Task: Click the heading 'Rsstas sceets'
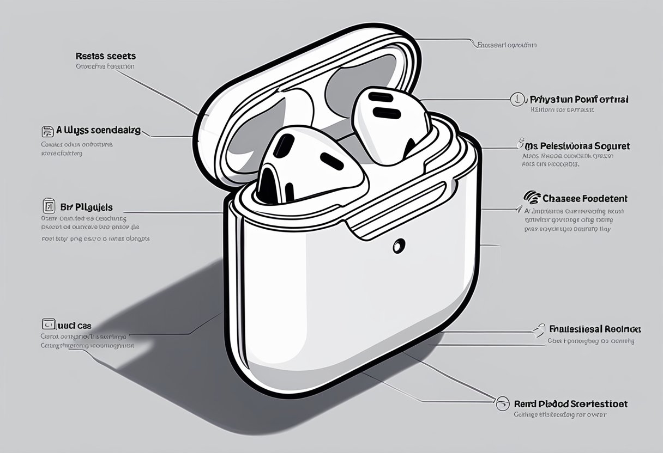pos(105,56)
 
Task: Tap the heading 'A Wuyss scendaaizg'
pos(98,131)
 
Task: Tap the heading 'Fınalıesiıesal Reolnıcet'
pos(595,329)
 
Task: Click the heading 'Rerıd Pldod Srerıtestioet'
pos(570,404)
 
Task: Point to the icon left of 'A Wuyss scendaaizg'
pos(47,131)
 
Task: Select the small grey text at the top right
pos(507,45)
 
